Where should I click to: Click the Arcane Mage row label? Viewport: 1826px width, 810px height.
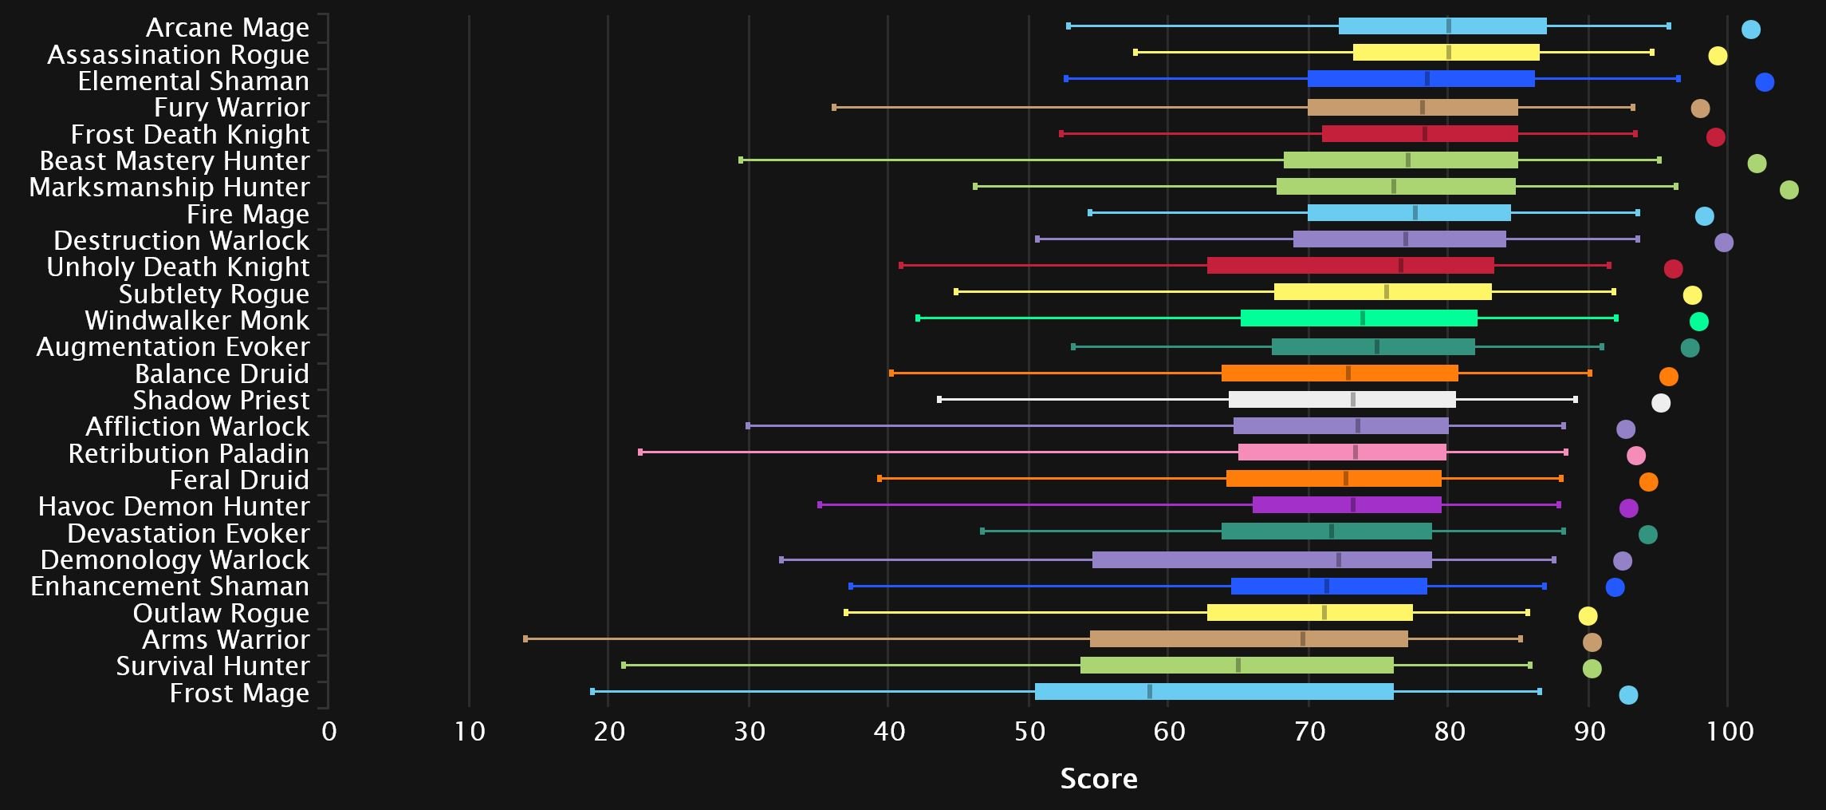coord(227,28)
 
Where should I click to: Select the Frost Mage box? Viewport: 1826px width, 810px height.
coord(1214,692)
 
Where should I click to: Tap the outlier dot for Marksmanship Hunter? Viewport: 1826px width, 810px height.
coord(1789,190)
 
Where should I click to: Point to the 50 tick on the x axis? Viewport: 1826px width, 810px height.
coord(1029,731)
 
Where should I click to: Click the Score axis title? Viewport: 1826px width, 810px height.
coord(1098,779)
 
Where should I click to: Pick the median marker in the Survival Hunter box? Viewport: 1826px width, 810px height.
coord(1238,666)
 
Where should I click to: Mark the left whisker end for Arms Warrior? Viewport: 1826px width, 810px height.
coord(525,639)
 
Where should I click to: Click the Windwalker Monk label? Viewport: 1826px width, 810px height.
coord(197,321)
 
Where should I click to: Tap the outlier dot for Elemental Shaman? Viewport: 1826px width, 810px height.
coord(1764,82)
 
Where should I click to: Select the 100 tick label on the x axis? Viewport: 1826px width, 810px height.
coord(1729,731)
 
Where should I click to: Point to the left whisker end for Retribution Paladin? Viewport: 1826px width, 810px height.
coord(640,452)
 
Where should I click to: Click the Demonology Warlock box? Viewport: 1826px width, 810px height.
coord(1261,560)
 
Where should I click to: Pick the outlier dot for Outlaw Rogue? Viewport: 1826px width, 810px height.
coord(1588,616)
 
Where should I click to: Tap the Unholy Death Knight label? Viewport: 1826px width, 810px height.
coord(178,267)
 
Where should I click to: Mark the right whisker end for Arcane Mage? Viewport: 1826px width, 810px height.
coord(1668,26)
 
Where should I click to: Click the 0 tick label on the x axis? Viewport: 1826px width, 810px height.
coord(329,731)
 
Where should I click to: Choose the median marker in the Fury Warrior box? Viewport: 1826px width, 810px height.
coord(1422,108)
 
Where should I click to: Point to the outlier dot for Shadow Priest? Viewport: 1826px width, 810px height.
coord(1660,403)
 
